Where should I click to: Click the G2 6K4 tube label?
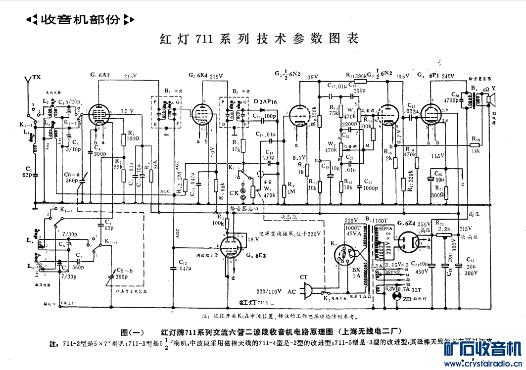pos(198,75)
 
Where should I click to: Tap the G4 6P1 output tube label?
pos(429,76)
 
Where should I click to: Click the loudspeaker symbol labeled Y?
pos(490,100)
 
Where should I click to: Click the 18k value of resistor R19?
pos(476,150)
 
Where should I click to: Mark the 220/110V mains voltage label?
pos(269,291)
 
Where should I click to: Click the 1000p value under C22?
pos(368,188)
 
